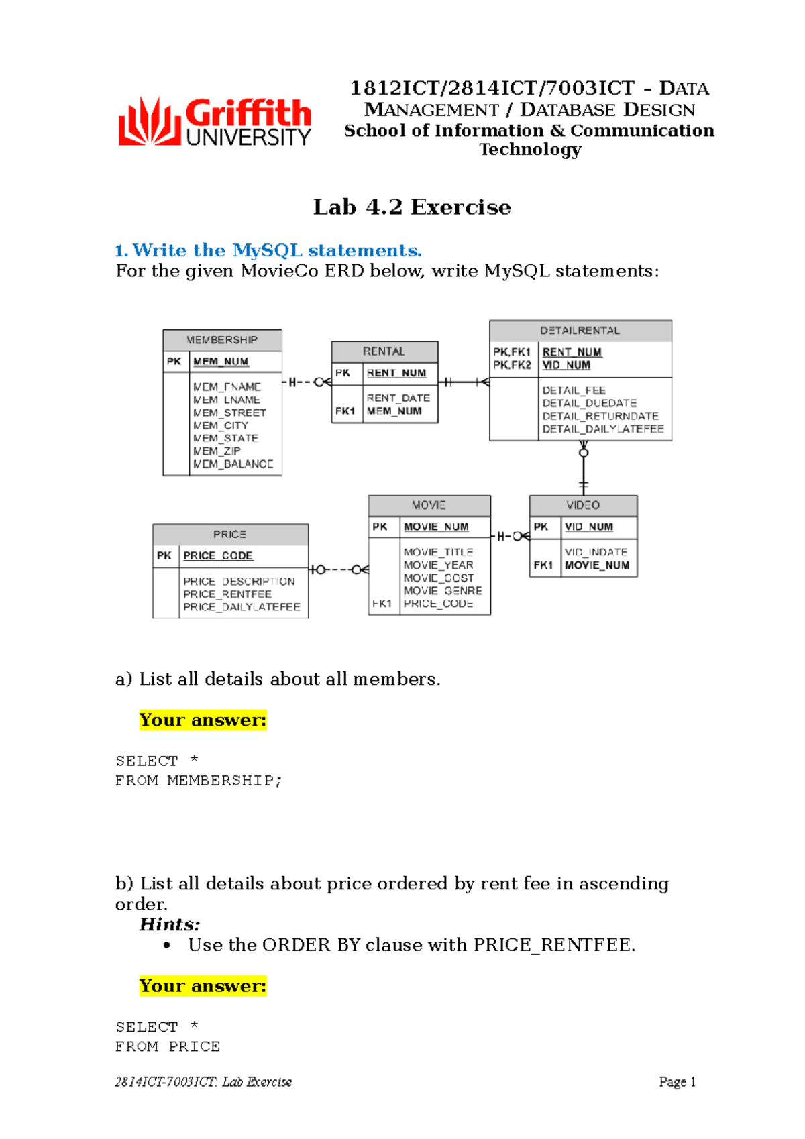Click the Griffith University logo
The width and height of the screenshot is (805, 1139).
[x=215, y=122]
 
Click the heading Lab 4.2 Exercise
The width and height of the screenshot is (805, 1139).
[x=412, y=207]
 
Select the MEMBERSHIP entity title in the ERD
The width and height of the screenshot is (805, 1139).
[x=222, y=340]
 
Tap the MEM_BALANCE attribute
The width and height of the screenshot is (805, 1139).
[x=233, y=464]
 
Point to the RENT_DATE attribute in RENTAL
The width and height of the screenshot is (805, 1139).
[x=398, y=398]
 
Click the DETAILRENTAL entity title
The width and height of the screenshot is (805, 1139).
[x=580, y=331]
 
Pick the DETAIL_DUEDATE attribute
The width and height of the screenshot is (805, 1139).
[x=589, y=403]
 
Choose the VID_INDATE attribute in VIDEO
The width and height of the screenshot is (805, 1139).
[x=596, y=552]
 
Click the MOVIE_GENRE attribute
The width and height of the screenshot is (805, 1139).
[x=442, y=591]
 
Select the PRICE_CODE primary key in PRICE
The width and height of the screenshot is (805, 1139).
[x=218, y=556]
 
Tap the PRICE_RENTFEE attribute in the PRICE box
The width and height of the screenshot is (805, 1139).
[x=227, y=594]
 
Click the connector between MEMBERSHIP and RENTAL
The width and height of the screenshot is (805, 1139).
[x=307, y=382]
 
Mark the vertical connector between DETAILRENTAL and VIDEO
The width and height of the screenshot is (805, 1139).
[x=584, y=468]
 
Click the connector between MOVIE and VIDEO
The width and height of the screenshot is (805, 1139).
[x=511, y=536]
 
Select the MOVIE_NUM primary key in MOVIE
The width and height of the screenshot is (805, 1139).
[x=436, y=527]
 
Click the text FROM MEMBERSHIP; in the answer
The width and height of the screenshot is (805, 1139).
[x=199, y=781]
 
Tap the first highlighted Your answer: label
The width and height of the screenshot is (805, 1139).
[x=203, y=720]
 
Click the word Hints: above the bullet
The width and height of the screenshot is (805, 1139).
[x=170, y=924]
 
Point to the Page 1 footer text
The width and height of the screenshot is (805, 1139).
[x=677, y=1082]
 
